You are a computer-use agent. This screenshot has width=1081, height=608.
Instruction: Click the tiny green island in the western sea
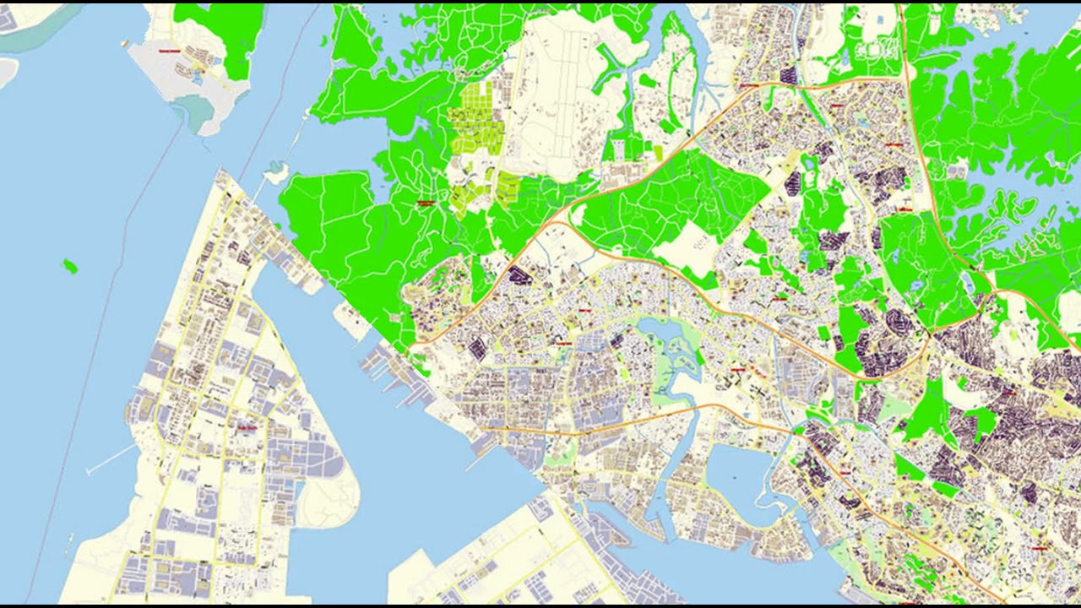click(x=69, y=268)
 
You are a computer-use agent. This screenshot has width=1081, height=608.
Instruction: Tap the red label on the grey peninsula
click(x=170, y=51)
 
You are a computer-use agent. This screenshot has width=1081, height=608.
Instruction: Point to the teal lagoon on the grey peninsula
click(x=198, y=110)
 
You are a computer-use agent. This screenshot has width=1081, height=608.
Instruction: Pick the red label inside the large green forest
click(x=425, y=203)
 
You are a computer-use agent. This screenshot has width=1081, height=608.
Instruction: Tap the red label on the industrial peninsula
click(x=248, y=427)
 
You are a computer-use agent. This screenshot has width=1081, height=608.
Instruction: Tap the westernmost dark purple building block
click(x=477, y=347)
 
